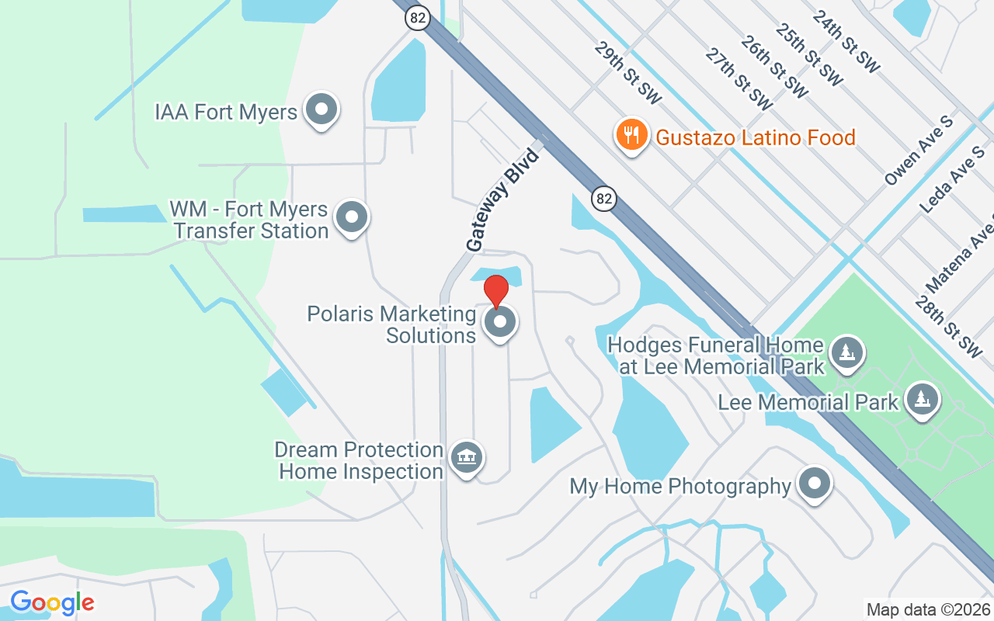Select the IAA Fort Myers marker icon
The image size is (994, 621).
[321, 111]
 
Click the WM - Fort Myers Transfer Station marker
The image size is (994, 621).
[352, 218]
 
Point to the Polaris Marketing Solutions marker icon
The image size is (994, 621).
[500, 322]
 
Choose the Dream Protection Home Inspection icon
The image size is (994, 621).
[466, 458]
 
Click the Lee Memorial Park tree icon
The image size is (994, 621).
[922, 400]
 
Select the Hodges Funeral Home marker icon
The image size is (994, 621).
[846, 353]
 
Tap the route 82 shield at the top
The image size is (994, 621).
[418, 19]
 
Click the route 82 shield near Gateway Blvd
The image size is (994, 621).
[604, 199]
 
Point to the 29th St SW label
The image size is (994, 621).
[628, 73]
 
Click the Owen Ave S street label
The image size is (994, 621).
[919, 152]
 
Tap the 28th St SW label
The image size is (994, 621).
[948, 327]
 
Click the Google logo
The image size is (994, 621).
[52, 602]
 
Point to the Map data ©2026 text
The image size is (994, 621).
[928, 609]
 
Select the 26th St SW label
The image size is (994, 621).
[773, 66]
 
